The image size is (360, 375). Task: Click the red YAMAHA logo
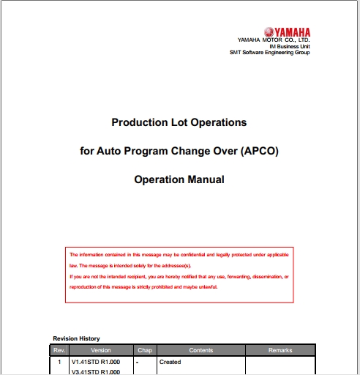click(x=287, y=31)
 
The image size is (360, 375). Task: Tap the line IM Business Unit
click(x=290, y=46)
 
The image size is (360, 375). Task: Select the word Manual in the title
click(x=206, y=179)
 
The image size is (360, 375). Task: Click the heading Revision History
click(x=77, y=338)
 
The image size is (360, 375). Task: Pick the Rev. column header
click(x=60, y=350)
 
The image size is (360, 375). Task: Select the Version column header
click(x=101, y=350)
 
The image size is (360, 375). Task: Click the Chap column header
click(x=143, y=350)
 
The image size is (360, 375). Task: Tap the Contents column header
click(x=201, y=350)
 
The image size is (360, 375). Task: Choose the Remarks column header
click(x=280, y=350)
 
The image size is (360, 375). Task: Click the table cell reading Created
click(x=170, y=362)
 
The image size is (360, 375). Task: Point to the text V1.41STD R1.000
click(x=95, y=362)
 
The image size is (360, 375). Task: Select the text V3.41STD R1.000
click(x=95, y=371)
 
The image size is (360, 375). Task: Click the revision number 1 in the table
click(x=60, y=362)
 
